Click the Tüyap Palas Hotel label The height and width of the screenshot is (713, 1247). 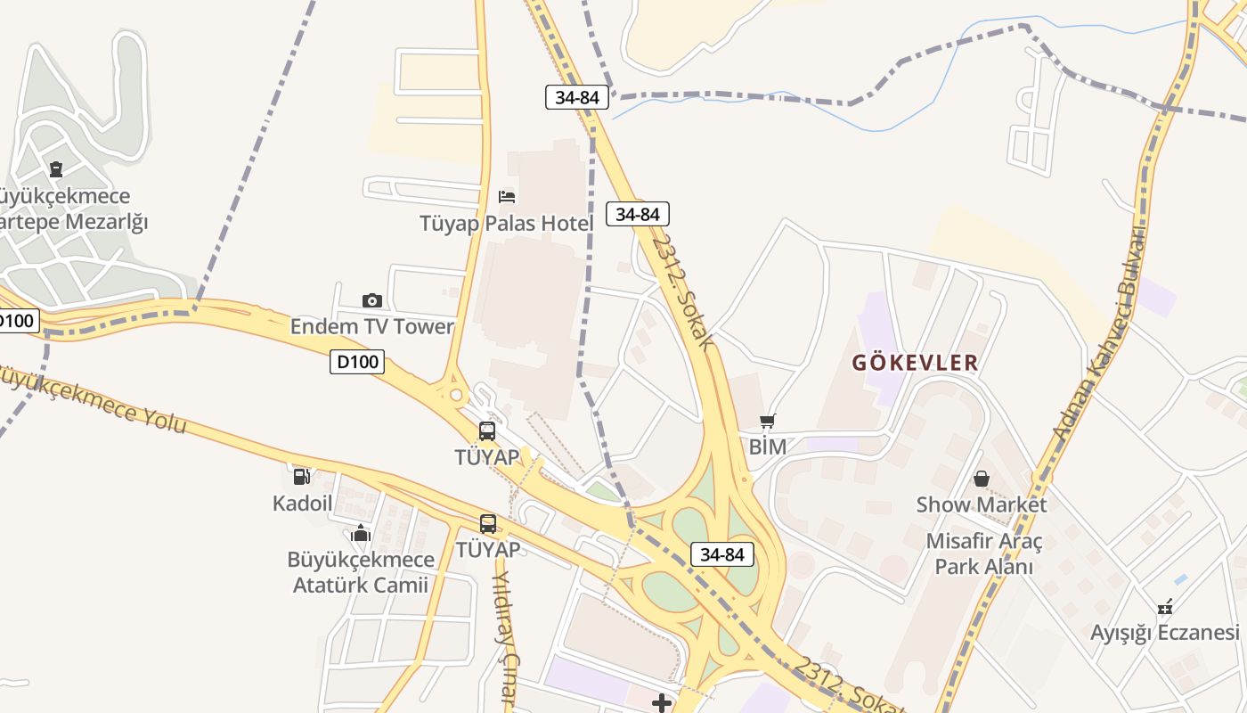pyautogui.click(x=506, y=223)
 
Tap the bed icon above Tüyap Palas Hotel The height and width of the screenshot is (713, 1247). pyautogui.click(x=507, y=196)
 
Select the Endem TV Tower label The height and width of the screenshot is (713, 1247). pyautogui.click(x=371, y=326)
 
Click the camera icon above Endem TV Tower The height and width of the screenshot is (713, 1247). pyautogui.click(x=372, y=300)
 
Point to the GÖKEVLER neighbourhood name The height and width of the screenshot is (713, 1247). pyautogui.click(x=915, y=363)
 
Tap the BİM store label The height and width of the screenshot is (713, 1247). pyautogui.click(x=767, y=447)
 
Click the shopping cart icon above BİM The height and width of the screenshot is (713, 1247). pyautogui.click(x=768, y=421)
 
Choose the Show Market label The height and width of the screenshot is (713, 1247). pyautogui.click(x=982, y=504)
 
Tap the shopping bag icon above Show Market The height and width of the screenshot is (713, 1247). pyautogui.click(x=982, y=479)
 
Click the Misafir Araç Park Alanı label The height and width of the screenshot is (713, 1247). pyautogui.click(x=983, y=553)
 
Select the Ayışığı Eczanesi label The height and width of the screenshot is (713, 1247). pyautogui.click(x=1164, y=633)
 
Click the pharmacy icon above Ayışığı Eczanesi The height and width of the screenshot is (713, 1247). pyautogui.click(x=1165, y=607)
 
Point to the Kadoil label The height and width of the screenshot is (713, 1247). pyautogui.click(x=302, y=503)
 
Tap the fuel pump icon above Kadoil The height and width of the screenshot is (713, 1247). pyautogui.click(x=302, y=477)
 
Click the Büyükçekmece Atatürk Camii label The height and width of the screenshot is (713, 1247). pyautogui.click(x=361, y=572)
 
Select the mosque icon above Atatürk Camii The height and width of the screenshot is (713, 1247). pyautogui.click(x=361, y=533)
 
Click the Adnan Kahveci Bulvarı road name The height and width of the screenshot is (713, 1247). pyautogui.click(x=1098, y=334)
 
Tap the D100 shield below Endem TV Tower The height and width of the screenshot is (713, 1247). pyautogui.click(x=357, y=362)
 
